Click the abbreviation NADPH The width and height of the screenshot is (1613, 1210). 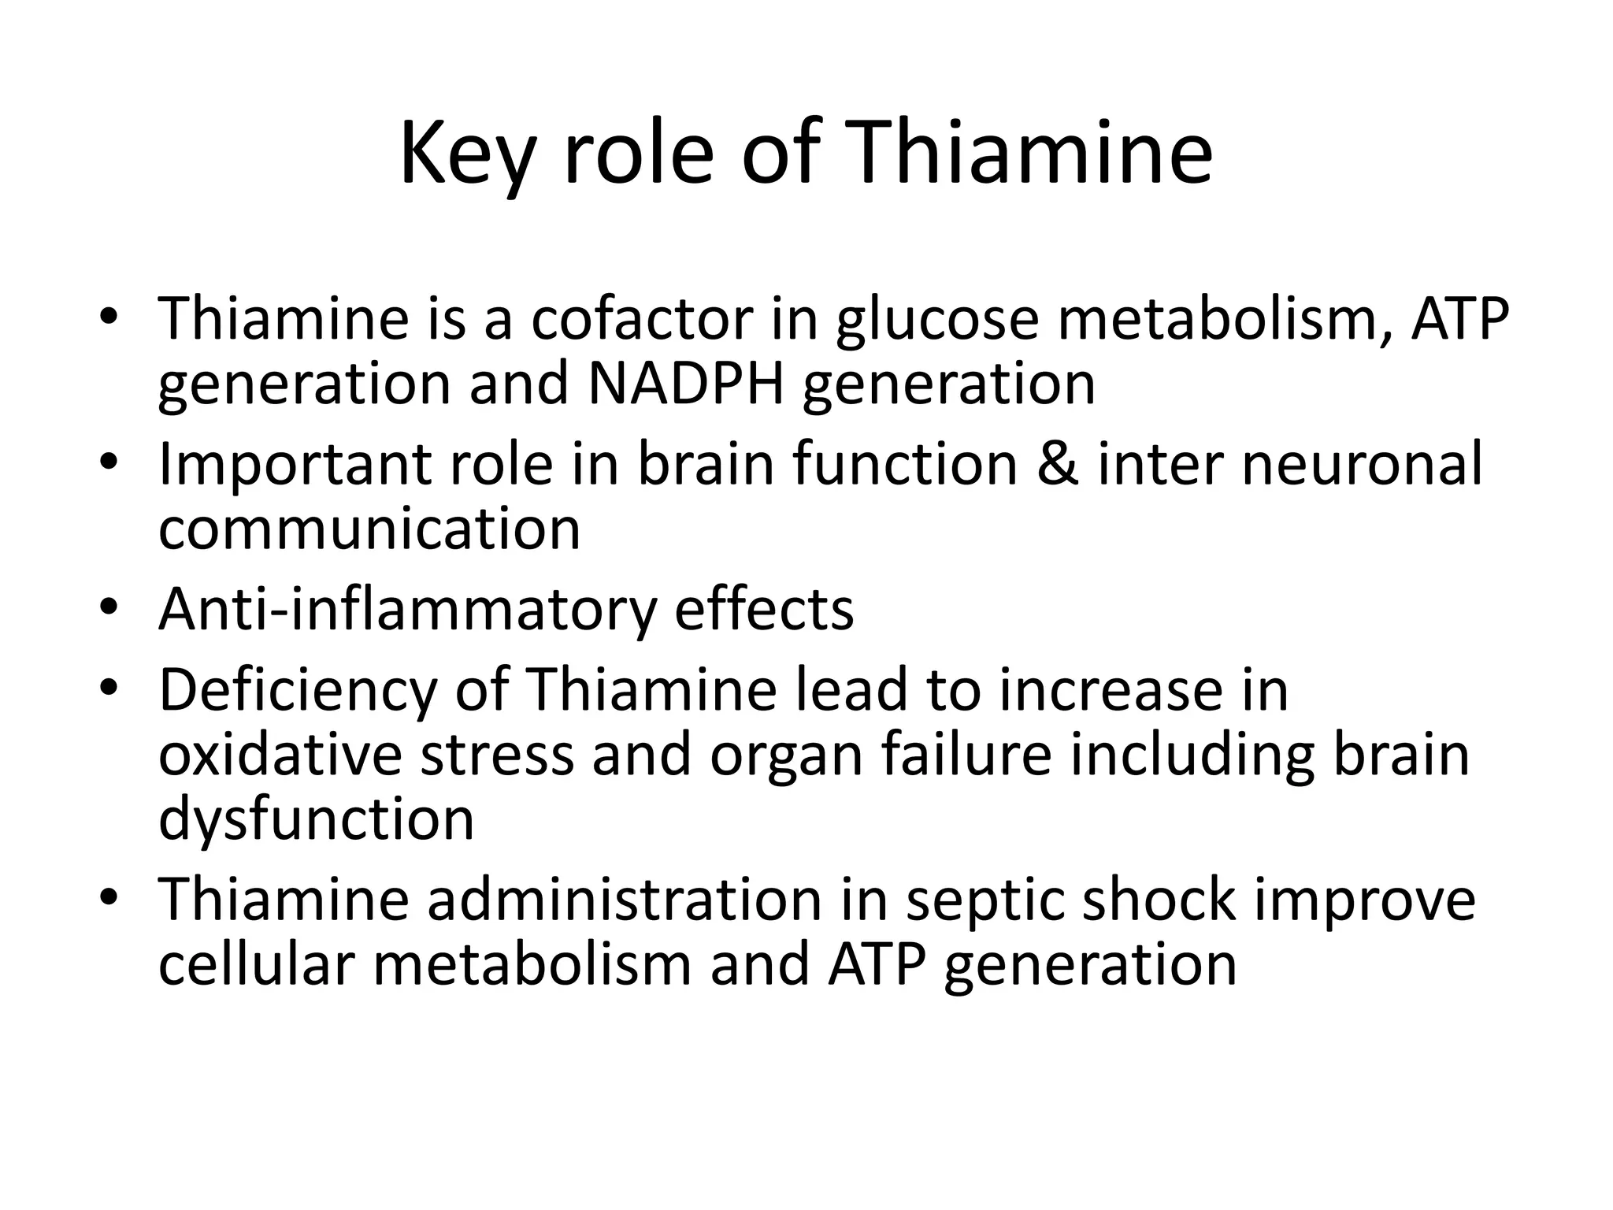tap(685, 384)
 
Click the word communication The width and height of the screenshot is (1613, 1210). tap(369, 529)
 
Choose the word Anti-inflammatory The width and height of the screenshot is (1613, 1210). tap(407, 611)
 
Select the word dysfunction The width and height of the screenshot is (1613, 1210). tap(316, 820)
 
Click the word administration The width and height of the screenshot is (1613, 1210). tap(625, 900)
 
